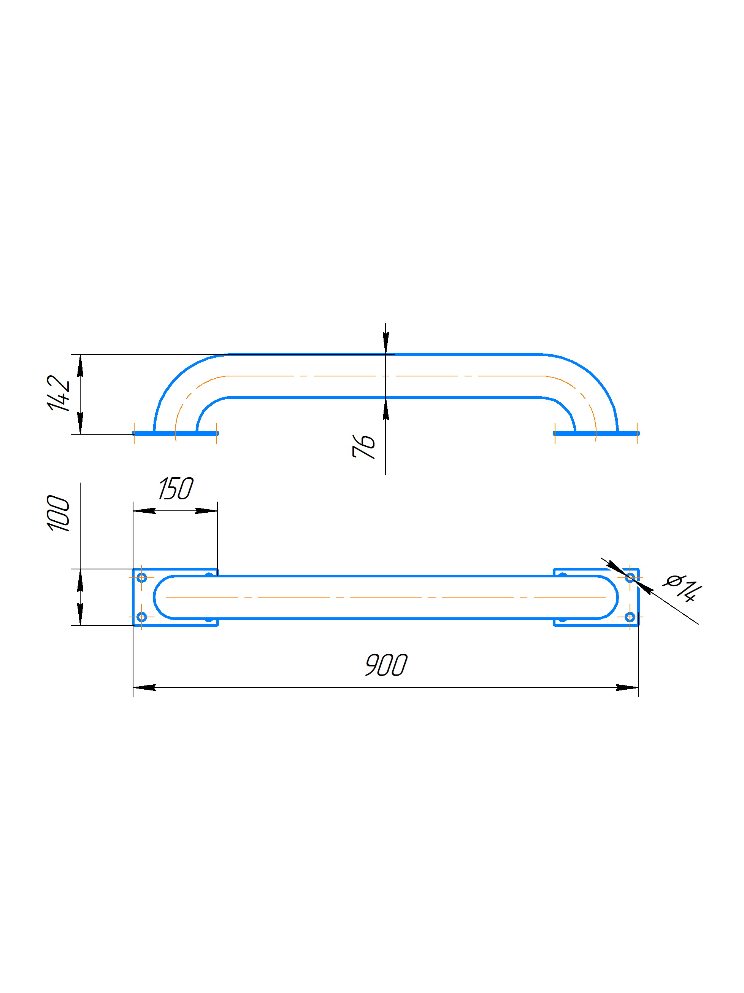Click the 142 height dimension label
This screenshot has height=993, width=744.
tap(58, 393)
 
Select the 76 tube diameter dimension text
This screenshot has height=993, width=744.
tap(363, 446)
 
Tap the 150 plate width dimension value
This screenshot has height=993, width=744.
tap(176, 488)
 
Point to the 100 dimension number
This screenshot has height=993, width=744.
tap(58, 513)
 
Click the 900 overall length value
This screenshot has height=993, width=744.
tap(386, 665)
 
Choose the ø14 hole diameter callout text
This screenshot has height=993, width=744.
tap(682, 587)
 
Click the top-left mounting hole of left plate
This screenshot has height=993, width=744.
tap(141, 577)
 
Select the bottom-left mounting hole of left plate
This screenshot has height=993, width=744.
tap(141, 617)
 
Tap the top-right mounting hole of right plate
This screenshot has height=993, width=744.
tap(630, 577)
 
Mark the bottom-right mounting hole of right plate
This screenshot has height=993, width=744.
tap(630, 617)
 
